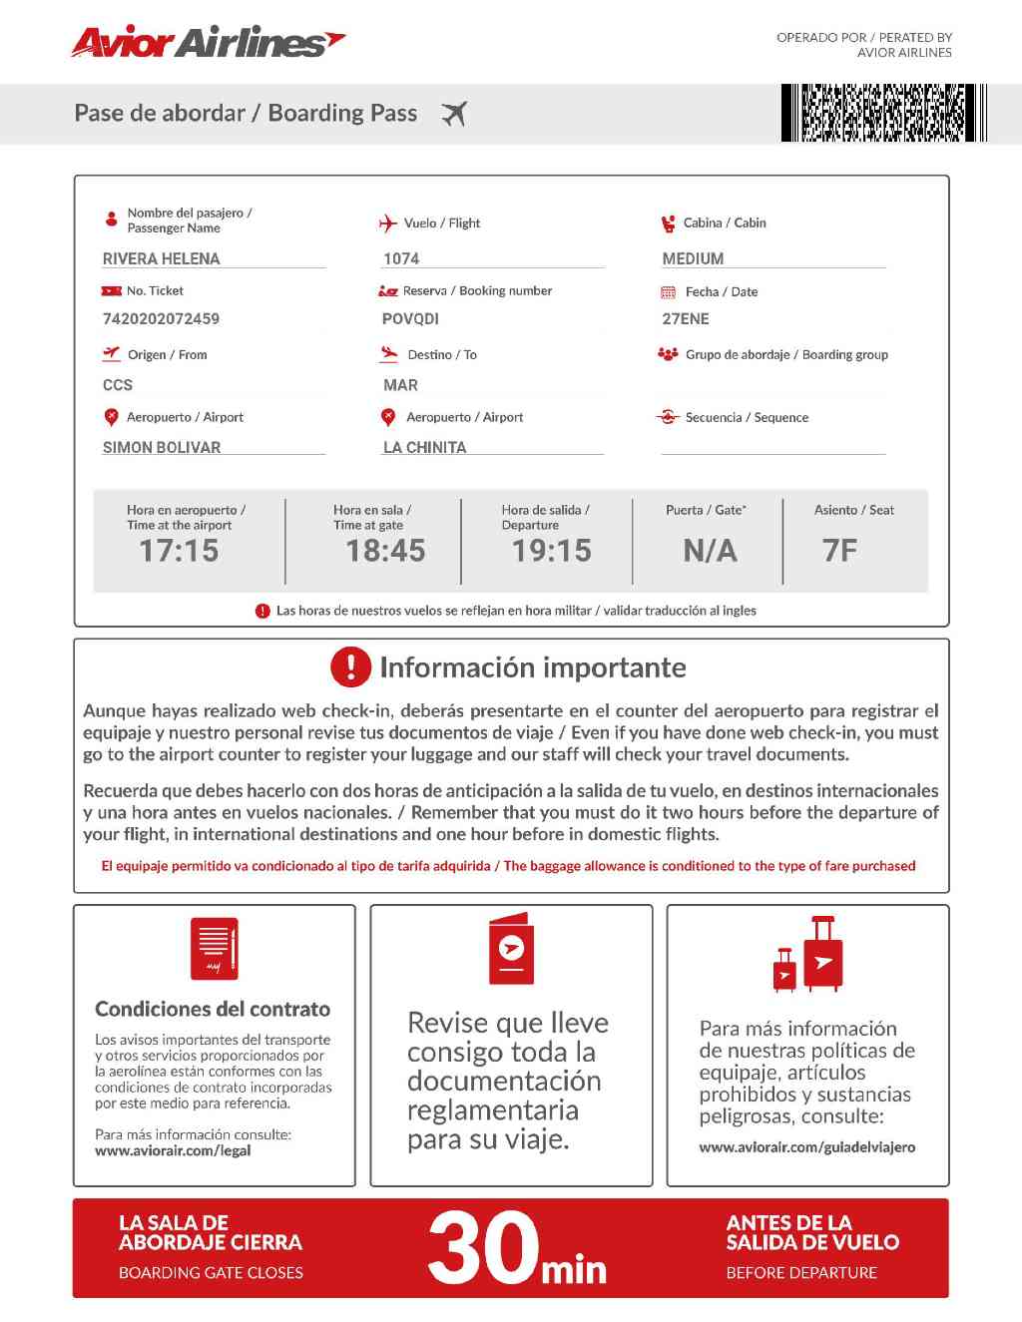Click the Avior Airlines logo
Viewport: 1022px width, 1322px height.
click(208, 42)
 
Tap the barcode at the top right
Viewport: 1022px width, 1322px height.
click(883, 113)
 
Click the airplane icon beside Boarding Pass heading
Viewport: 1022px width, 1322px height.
click(454, 114)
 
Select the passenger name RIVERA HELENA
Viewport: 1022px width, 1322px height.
click(161, 258)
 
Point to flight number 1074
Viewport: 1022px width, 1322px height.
click(401, 258)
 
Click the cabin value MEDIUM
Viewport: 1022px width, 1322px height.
click(693, 258)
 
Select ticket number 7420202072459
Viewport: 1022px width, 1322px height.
click(161, 319)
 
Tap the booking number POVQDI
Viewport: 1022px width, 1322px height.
click(410, 319)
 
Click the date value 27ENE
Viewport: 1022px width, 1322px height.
click(686, 319)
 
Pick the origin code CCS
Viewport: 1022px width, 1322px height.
click(118, 385)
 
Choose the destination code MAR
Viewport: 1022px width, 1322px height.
click(400, 385)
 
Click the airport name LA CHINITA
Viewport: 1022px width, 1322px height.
click(424, 447)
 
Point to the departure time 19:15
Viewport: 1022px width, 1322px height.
click(551, 550)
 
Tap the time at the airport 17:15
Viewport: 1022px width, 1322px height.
click(179, 550)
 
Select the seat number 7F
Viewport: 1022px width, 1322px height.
click(839, 550)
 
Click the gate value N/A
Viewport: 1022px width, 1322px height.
click(710, 550)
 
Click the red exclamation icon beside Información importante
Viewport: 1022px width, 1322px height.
click(350, 666)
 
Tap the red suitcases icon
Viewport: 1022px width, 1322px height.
click(808, 955)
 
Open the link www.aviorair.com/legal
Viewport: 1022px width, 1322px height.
click(173, 1150)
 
